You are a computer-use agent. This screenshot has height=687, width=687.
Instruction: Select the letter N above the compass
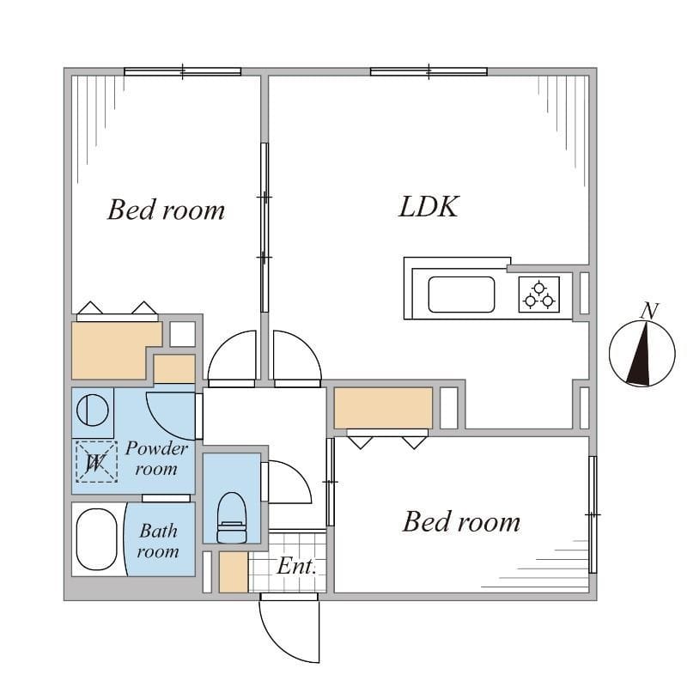[651, 311]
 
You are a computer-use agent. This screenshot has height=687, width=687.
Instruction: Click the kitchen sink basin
[462, 295]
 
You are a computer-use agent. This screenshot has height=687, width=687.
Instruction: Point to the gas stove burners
[538, 294]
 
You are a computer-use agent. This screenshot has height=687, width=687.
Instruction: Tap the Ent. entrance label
[296, 567]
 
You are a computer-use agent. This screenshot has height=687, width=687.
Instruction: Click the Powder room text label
[156, 459]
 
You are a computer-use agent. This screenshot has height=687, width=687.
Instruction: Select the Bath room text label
[158, 541]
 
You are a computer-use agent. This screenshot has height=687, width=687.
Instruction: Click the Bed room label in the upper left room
[166, 210]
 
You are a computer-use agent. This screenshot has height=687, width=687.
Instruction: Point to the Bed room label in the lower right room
[461, 521]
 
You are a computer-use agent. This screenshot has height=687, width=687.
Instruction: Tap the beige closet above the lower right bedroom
[383, 408]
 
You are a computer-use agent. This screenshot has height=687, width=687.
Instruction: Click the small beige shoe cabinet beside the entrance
[233, 572]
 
